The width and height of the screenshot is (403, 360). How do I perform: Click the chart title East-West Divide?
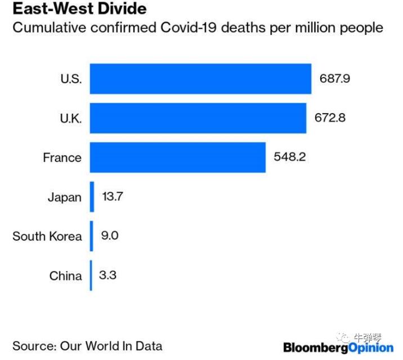(79, 10)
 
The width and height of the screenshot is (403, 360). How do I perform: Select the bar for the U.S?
(200, 79)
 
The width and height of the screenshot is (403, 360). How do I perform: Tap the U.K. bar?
(198, 118)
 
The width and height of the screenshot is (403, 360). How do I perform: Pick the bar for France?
(177, 157)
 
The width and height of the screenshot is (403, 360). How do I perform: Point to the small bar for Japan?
(92, 197)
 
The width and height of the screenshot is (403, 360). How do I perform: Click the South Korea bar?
(91, 236)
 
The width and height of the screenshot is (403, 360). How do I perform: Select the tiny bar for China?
(91, 275)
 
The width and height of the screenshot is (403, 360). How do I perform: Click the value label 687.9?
(335, 79)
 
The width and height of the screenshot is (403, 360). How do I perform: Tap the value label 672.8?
(330, 118)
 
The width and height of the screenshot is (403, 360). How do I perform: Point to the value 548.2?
(289, 157)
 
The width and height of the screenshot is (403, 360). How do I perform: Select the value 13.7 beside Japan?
(113, 197)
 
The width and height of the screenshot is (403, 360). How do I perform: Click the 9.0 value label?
(110, 235)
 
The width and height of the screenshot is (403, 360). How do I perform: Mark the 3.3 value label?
(108, 275)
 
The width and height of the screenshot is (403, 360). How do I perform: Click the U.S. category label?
(71, 79)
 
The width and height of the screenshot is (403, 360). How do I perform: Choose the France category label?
(62, 158)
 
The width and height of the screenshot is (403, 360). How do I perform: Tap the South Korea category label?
(47, 236)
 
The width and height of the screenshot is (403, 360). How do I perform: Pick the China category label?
(65, 276)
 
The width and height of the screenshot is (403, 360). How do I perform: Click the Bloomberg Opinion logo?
(338, 347)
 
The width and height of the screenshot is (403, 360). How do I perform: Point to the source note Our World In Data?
(87, 345)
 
